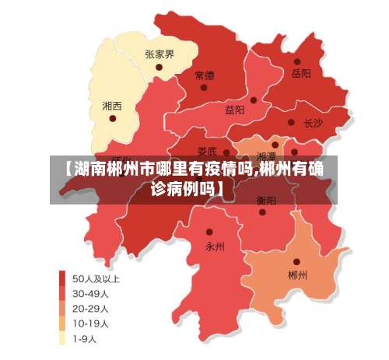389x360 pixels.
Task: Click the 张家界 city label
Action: point(159,54)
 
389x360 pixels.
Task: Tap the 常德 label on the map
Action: point(205,75)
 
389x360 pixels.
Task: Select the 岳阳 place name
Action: point(300,73)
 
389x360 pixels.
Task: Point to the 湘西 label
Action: point(112,105)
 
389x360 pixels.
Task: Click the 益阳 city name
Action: point(235,110)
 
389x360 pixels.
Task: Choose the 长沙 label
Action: point(313,123)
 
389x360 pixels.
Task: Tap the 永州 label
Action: point(215,246)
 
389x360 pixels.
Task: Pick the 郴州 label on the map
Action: point(297,275)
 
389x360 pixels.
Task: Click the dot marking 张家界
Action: point(159,67)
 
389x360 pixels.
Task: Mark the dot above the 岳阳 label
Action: point(297,61)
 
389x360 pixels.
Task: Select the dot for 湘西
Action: point(113,118)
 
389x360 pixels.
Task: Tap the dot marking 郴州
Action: point(296,262)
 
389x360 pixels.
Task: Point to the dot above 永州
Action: point(209,232)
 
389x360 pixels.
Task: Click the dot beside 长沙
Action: point(291,123)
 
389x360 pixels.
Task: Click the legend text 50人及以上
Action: point(96,278)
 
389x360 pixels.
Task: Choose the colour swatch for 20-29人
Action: point(62,308)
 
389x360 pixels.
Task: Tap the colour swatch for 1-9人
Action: point(62,338)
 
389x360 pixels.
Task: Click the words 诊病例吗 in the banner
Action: point(183,187)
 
